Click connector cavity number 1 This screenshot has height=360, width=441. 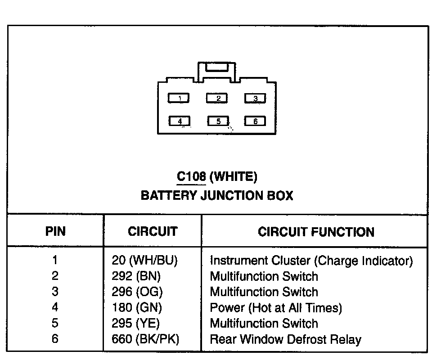pos(179,98)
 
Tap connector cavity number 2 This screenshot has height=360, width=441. pos(217,98)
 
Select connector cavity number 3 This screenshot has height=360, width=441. pos(255,98)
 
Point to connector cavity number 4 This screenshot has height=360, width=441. pos(179,121)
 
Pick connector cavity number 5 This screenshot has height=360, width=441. pos(218,121)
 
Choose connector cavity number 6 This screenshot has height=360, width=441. pos(255,121)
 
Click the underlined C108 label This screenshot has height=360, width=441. pos(191,176)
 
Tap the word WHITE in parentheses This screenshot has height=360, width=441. pos(234,176)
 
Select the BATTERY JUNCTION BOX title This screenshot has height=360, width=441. pos(217,195)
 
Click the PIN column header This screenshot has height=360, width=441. pos(55,231)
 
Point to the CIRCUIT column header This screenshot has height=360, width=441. pos(153,231)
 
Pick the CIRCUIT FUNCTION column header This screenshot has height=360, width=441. pos(316,232)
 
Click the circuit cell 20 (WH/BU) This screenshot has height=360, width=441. pos(144,261)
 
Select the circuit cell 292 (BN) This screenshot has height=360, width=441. pos(136,276)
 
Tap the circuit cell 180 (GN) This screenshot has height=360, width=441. pos(136,307)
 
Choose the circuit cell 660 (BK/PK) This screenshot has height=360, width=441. pos(145,339)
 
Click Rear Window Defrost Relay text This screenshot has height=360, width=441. pos(285,339)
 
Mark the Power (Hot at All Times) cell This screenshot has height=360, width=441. pos(276,307)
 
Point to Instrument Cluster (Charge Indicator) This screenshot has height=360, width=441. pos(311,261)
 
